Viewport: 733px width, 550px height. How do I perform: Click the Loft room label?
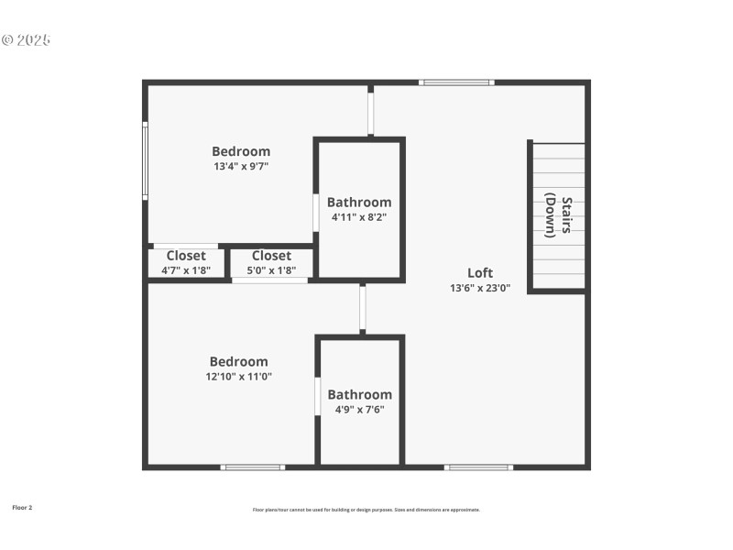[x=480, y=272]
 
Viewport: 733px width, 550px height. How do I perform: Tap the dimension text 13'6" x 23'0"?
[x=480, y=288]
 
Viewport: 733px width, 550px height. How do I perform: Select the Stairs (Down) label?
[x=560, y=215]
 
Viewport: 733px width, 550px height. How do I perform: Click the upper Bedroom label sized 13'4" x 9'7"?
[x=241, y=151]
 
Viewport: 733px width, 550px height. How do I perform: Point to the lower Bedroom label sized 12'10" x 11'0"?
[x=238, y=361]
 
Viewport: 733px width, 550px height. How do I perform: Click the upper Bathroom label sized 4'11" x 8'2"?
[x=359, y=202]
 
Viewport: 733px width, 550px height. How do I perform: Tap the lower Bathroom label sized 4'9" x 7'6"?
[x=359, y=394]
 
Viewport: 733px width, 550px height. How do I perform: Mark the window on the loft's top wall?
[x=456, y=82]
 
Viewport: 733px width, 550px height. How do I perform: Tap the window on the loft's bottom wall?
[x=478, y=467]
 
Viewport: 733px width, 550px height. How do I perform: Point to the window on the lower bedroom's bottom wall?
[x=253, y=467]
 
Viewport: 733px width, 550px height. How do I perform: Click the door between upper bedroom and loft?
[x=371, y=113]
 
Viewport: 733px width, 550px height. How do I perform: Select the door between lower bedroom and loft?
[x=363, y=309]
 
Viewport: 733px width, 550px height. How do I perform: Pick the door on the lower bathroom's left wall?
[x=318, y=396]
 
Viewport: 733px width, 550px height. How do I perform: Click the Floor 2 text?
[x=22, y=507]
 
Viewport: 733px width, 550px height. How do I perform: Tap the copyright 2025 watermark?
[x=26, y=40]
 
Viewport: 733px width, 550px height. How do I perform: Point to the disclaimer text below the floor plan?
[x=366, y=510]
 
